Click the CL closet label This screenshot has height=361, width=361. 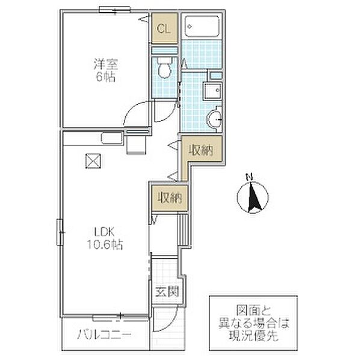(x=164, y=29)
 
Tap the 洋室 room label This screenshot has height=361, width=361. (x=106, y=64)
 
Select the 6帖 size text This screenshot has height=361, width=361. (x=106, y=77)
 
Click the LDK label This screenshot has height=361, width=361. (x=105, y=232)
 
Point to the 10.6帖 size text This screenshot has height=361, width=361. (x=105, y=245)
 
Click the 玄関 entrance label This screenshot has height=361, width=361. (x=167, y=292)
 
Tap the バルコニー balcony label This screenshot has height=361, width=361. (x=104, y=335)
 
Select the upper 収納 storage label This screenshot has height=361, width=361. (x=201, y=150)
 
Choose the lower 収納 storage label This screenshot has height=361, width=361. (x=170, y=197)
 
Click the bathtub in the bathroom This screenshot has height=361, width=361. (x=202, y=26)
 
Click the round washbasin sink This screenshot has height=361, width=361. (x=214, y=119)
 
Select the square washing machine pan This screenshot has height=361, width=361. (x=212, y=91)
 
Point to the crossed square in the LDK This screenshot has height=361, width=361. (x=93, y=161)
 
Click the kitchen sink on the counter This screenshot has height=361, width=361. (x=112, y=138)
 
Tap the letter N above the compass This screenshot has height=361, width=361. (x=250, y=177)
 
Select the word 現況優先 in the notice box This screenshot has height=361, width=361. (x=253, y=336)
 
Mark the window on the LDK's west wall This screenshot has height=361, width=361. (x=60, y=232)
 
